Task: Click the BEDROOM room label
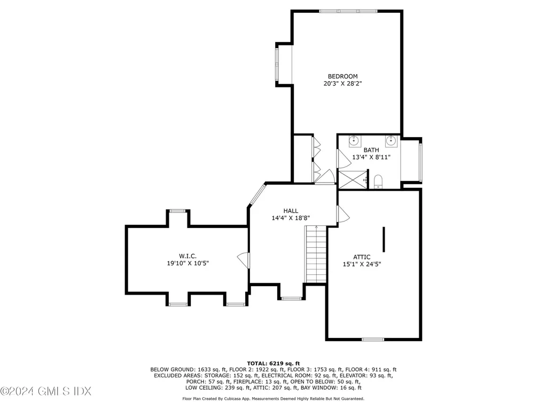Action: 342,76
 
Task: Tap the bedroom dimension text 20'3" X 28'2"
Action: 342,84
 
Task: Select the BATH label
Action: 371,150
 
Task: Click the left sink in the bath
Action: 355,141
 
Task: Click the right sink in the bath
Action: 392,141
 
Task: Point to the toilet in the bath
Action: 378,182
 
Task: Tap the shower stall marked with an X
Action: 354,180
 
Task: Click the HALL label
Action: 291,211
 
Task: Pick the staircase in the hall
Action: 316,254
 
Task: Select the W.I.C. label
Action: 187,256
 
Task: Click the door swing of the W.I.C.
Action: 244,261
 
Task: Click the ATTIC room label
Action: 362,257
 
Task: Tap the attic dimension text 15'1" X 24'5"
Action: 362,264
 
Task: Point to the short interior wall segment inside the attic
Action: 384,239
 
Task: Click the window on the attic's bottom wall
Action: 373,339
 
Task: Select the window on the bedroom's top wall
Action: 348,11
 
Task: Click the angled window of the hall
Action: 257,194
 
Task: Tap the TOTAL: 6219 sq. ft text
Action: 273,364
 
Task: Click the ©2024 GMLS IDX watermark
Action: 46,391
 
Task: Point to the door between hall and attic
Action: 343,214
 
